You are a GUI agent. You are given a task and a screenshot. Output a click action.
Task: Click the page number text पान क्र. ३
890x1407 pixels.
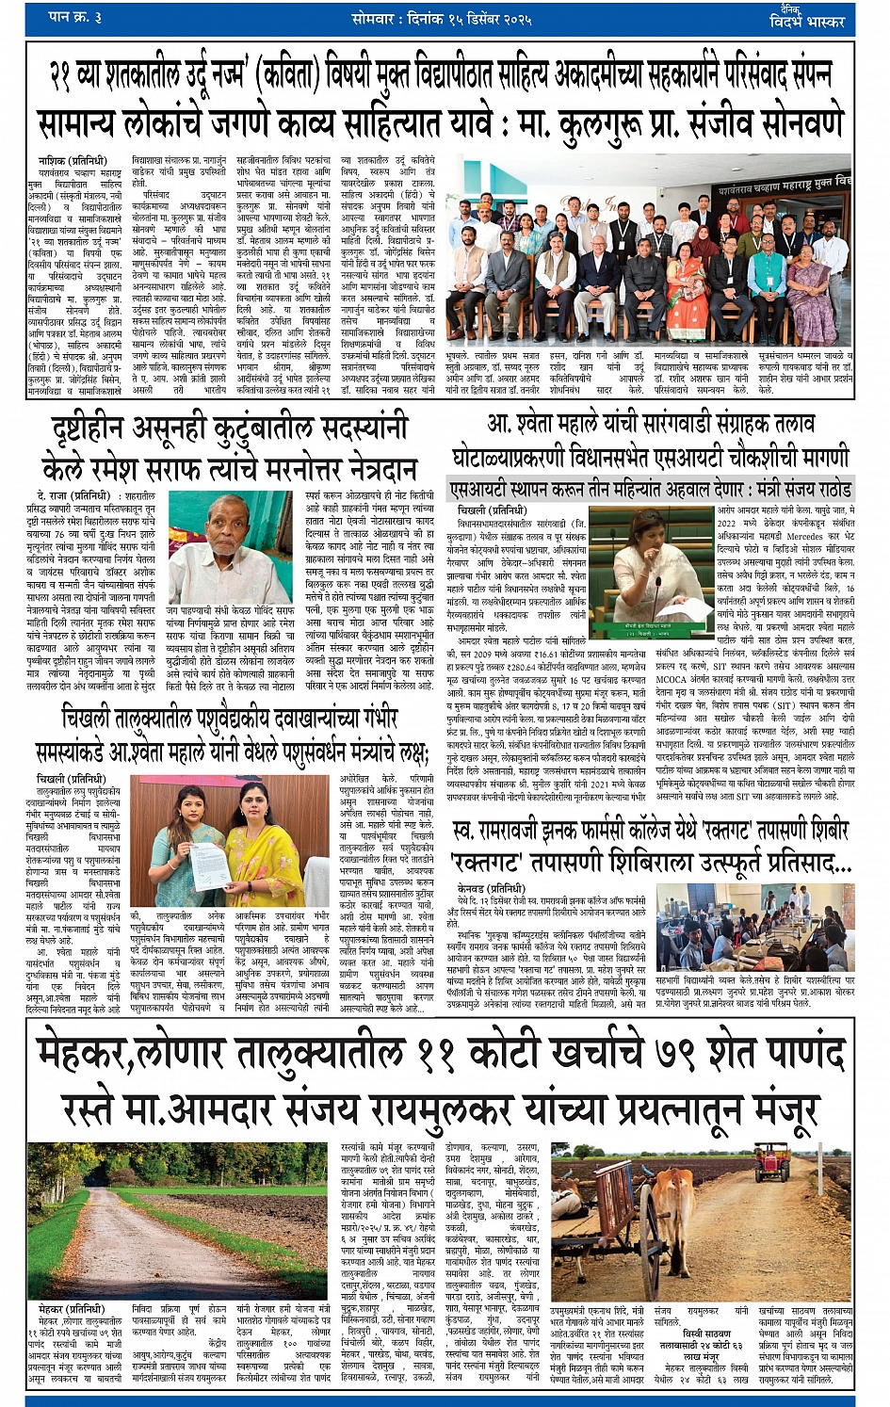point(76,17)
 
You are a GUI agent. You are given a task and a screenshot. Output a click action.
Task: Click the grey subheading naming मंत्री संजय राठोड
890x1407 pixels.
point(651,491)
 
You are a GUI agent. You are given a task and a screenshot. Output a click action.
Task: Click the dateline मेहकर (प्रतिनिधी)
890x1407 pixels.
point(71,1309)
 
